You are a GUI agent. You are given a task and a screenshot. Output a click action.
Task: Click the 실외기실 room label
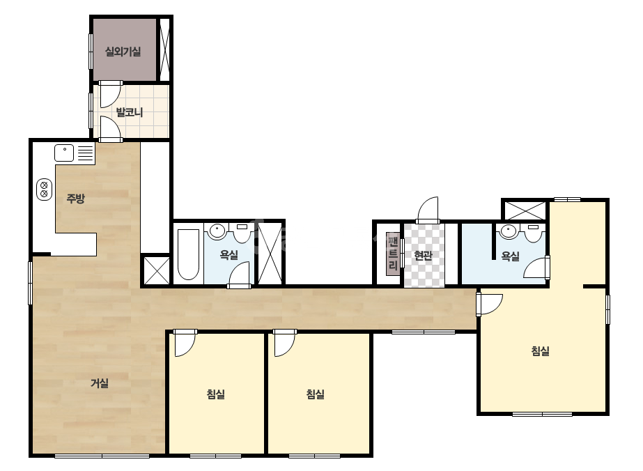[x=123, y=52]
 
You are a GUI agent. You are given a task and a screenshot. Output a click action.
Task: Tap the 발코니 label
[x=130, y=112]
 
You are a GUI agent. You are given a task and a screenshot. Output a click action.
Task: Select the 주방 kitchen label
[x=75, y=199]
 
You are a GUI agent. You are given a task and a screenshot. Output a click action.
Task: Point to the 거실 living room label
[x=99, y=383]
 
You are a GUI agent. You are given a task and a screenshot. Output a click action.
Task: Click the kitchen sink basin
[x=64, y=153]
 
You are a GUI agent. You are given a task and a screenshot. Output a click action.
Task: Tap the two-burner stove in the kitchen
[x=45, y=190]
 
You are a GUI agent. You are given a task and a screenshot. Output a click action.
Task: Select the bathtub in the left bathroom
[x=188, y=254]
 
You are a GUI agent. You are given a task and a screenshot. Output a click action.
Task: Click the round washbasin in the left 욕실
[x=216, y=231]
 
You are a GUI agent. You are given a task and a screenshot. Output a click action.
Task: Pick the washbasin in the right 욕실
[x=509, y=231]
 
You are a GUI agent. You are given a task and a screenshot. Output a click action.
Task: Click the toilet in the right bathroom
[x=533, y=233]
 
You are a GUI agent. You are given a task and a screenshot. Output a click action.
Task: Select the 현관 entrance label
[x=423, y=256]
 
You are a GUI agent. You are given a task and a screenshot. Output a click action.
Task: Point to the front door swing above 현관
[x=428, y=210]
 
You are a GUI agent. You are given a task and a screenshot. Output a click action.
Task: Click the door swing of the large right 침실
[x=490, y=304]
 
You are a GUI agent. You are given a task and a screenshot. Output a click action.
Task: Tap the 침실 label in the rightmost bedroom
[x=540, y=351]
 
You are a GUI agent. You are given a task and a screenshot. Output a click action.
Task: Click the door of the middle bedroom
[x=284, y=343]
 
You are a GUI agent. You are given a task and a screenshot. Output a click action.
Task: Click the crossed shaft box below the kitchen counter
[x=156, y=270]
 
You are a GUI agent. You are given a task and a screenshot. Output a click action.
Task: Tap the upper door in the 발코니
[x=110, y=93]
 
